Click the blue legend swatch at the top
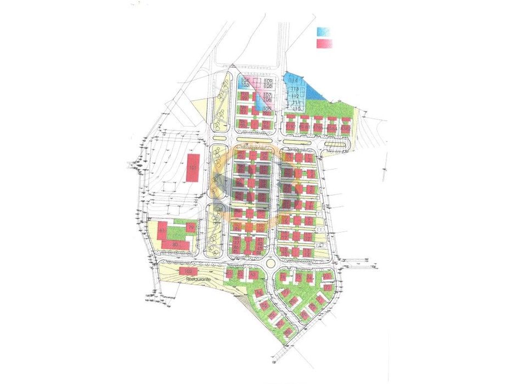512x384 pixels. (324, 32)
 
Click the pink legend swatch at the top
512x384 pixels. (324, 43)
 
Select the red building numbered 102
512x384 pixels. (188, 272)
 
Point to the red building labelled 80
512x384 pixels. (175, 244)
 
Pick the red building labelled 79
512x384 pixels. (191, 227)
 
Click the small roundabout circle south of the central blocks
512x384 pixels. (270, 263)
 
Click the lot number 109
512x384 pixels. (268, 81)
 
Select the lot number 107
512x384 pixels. (268, 95)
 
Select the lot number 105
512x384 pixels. (267, 109)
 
